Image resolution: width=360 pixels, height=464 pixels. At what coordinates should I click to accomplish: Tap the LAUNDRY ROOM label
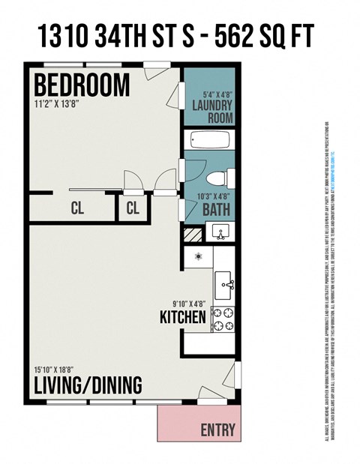(212, 112)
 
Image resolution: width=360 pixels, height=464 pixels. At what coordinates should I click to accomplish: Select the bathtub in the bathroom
(210, 140)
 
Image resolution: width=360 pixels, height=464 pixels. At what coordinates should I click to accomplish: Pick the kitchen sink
(224, 285)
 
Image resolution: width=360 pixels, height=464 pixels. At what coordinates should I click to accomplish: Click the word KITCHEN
(183, 318)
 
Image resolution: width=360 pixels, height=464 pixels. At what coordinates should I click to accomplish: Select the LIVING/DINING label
(87, 385)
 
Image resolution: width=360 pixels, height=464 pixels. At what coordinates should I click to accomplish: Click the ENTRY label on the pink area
(218, 430)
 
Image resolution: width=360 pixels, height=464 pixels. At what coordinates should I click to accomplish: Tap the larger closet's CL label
(77, 209)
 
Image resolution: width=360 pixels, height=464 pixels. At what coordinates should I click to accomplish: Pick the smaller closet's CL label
(133, 209)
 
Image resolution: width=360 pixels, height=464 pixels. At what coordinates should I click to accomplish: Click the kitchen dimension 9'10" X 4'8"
(189, 304)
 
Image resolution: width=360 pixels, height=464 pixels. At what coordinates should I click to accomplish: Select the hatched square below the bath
(193, 235)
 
